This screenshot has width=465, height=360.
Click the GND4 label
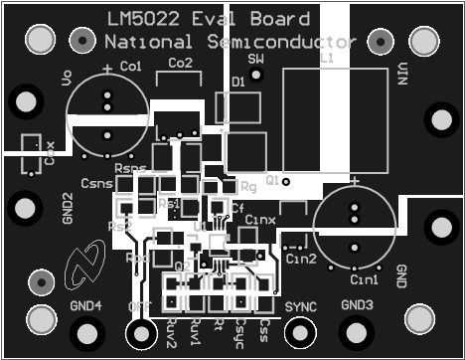point(85,306)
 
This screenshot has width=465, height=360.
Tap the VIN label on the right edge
point(402,74)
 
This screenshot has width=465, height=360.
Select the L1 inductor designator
point(326,60)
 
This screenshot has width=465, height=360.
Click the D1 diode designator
point(237,82)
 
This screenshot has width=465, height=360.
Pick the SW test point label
point(255,60)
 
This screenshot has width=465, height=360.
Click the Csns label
point(96,183)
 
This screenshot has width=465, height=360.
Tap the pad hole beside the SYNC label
point(300,332)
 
